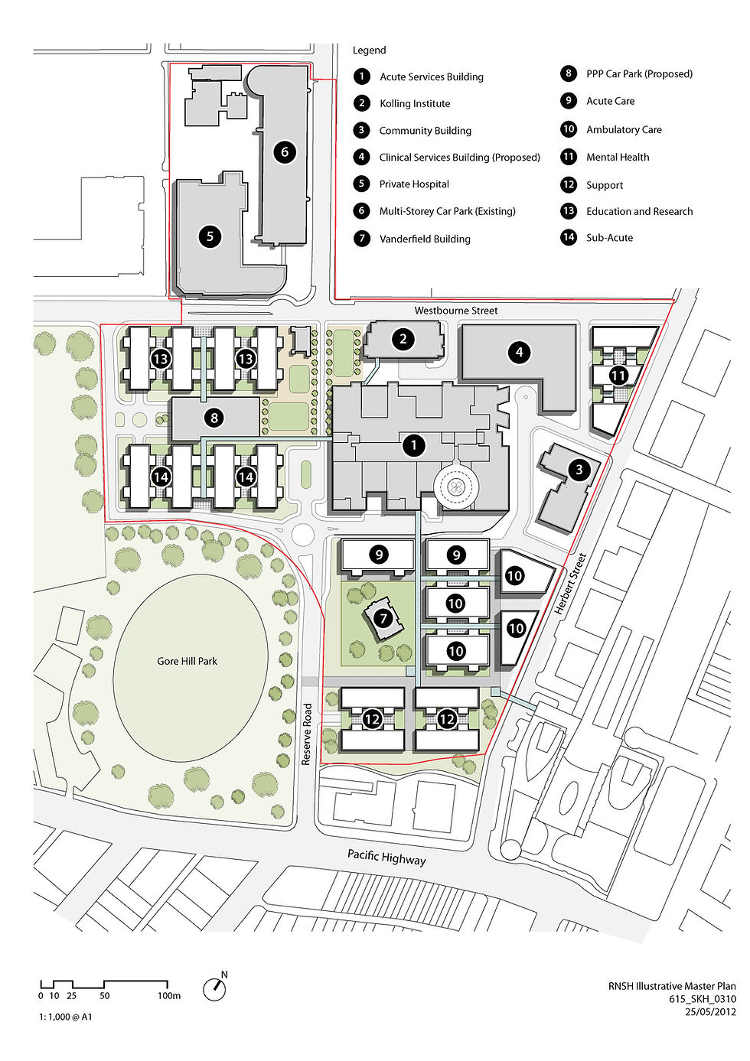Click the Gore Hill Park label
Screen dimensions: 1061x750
click(x=187, y=661)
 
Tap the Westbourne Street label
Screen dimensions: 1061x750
click(x=456, y=311)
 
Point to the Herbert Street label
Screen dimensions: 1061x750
click(x=570, y=584)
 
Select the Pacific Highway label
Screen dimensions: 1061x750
click(x=386, y=857)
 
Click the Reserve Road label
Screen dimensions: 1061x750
click(x=307, y=734)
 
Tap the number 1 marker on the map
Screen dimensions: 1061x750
click(x=414, y=445)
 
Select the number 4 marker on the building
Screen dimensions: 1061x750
click(x=520, y=353)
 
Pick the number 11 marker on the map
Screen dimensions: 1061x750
click(x=618, y=376)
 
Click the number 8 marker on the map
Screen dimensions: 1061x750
click(x=214, y=418)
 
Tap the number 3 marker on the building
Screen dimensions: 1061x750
click(x=579, y=470)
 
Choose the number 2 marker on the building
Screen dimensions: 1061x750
click(x=403, y=340)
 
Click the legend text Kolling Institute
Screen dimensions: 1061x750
click(x=415, y=104)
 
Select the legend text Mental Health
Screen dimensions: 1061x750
click(x=618, y=158)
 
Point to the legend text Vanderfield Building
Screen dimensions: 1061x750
click(x=425, y=239)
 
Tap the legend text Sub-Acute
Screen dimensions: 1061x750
click(x=609, y=238)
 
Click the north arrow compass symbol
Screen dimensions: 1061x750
click(x=215, y=988)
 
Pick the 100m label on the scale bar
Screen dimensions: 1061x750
click(x=169, y=996)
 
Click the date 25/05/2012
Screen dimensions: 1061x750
click(x=710, y=1011)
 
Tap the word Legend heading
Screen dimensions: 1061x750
click(x=369, y=50)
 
